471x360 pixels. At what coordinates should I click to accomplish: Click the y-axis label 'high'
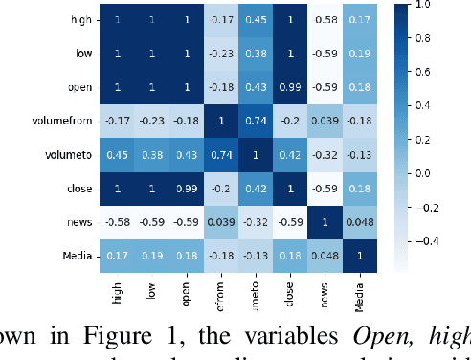coord(80,19)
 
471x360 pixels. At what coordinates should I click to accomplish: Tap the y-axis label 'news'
coord(79,222)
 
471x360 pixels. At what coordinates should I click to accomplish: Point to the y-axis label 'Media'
coord(78,256)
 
